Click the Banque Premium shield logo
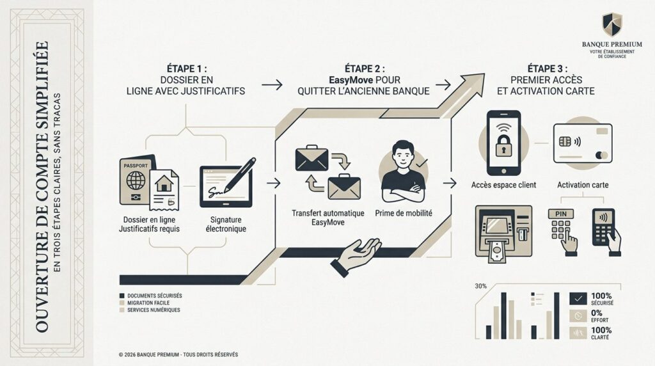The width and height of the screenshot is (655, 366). pyautogui.click(x=612, y=25)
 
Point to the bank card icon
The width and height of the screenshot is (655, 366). pyautogui.click(x=581, y=144)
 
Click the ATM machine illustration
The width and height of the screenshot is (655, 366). pyautogui.click(x=501, y=231)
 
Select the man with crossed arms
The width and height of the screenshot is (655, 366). pyautogui.click(x=403, y=168)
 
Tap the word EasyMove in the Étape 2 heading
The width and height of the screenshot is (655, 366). pyautogui.click(x=349, y=80)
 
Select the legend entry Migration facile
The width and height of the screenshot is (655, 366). pyautogui.click(x=148, y=303)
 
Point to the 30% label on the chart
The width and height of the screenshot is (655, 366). pyautogui.click(x=482, y=286)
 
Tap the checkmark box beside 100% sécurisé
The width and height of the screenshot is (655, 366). pyautogui.click(x=579, y=298)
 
